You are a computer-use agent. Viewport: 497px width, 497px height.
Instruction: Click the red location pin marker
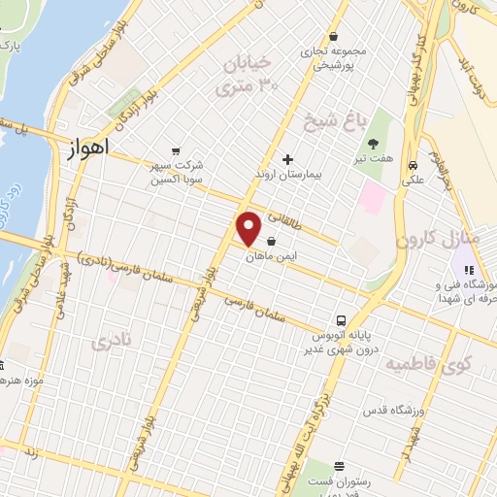click(249, 228)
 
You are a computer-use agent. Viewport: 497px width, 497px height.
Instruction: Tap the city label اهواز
click(88, 149)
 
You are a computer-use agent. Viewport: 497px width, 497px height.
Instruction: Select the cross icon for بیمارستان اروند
click(287, 159)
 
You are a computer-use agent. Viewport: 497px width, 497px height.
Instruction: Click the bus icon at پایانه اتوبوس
click(341, 319)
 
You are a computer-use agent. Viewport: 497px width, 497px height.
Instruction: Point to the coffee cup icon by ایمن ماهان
click(272, 241)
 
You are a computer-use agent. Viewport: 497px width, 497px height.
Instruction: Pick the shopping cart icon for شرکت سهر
click(175, 150)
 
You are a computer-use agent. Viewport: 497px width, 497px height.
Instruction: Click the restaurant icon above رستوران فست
click(339, 467)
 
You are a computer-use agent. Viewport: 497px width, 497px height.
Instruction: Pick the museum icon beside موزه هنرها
click(3, 366)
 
